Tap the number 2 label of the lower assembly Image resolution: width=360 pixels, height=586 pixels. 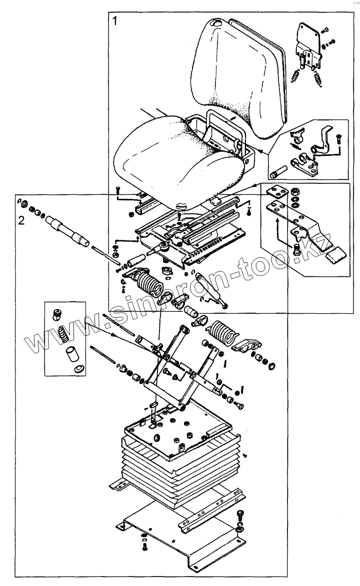click(x=20, y=220)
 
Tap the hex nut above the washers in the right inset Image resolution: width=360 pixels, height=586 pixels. click(x=296, y=191)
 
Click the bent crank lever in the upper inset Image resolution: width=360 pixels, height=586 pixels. click(x=323, y=142)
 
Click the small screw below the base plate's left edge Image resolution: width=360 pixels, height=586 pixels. click(x=144, y=547)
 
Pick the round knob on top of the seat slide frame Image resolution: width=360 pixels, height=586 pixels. click(x=181, y=204)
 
